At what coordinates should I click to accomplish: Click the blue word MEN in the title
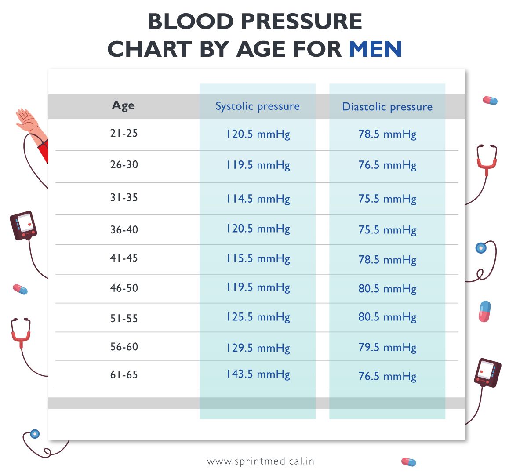pos(375,49)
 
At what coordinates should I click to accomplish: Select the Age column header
pos(124,105)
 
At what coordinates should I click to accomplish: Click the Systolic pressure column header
pos(258,106)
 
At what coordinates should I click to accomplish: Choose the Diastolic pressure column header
pos(387,107)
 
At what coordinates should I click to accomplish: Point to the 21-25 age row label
pos(124,133)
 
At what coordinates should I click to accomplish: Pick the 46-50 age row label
pos(124,288)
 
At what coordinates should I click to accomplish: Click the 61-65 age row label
pos(124,375)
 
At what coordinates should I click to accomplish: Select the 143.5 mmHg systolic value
pos(258,374)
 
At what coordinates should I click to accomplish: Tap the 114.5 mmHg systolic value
pos(258,199)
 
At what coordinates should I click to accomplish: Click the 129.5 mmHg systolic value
pos(258,348)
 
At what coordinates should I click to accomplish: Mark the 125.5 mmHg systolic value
pos(258,317)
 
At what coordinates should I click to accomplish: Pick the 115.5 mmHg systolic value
pos(258,258)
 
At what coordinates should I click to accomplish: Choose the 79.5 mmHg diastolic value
pos(387,348)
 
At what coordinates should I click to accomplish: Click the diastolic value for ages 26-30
pos(387,165)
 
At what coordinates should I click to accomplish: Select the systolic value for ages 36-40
pos(258,229)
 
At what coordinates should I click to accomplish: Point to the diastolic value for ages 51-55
pos(387,317)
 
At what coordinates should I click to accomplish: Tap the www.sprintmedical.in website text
pos(261,461)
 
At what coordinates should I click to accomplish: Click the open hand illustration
pos(26,120)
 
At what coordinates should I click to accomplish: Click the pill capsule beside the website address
pos(408,461)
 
